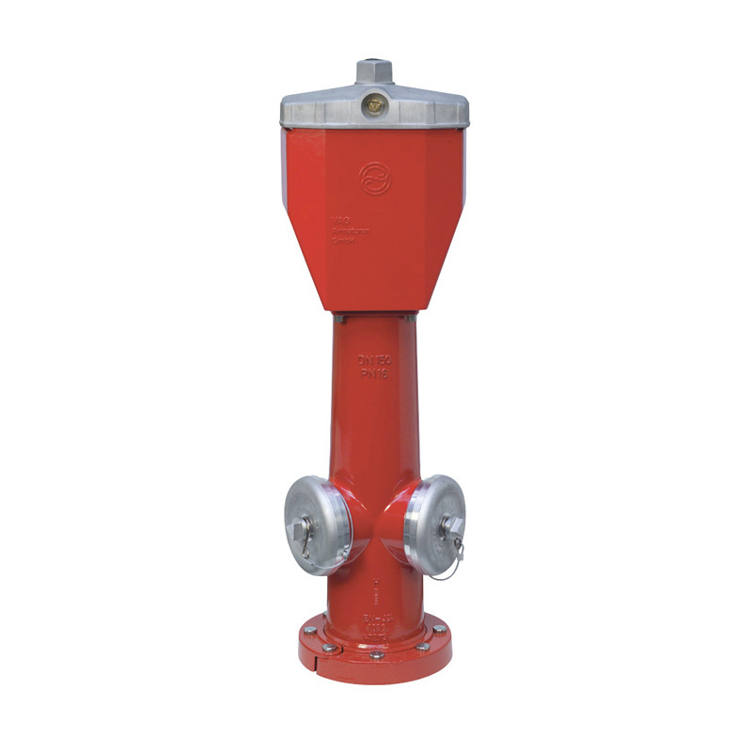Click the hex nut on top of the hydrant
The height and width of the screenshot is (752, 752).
coord(374,70)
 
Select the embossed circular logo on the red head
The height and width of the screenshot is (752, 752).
coord(374,177)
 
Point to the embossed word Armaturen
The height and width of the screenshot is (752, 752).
coord(347,231)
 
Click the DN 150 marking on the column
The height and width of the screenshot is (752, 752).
coord(374,359)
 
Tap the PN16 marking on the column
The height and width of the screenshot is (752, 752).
coord(374,372)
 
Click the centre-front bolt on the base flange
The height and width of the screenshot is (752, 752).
coord(376,654)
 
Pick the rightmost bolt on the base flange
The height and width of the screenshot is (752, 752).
coord(439,628)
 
